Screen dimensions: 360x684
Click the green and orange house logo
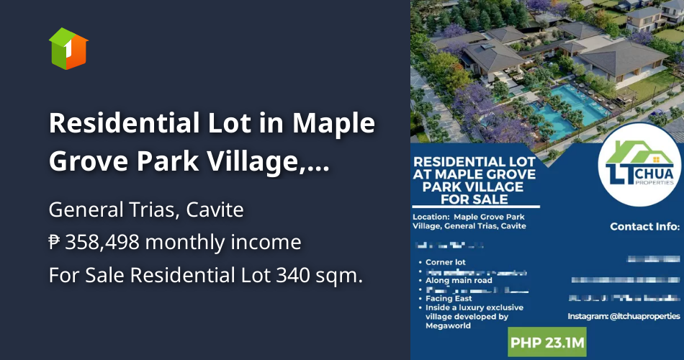tap(68, 48)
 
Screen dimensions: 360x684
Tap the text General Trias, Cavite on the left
tap(146, 210)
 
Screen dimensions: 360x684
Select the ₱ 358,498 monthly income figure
tap(175, 243)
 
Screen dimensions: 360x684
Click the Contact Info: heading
tap(644, 226)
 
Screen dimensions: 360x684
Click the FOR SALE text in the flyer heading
tap(474, 199)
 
